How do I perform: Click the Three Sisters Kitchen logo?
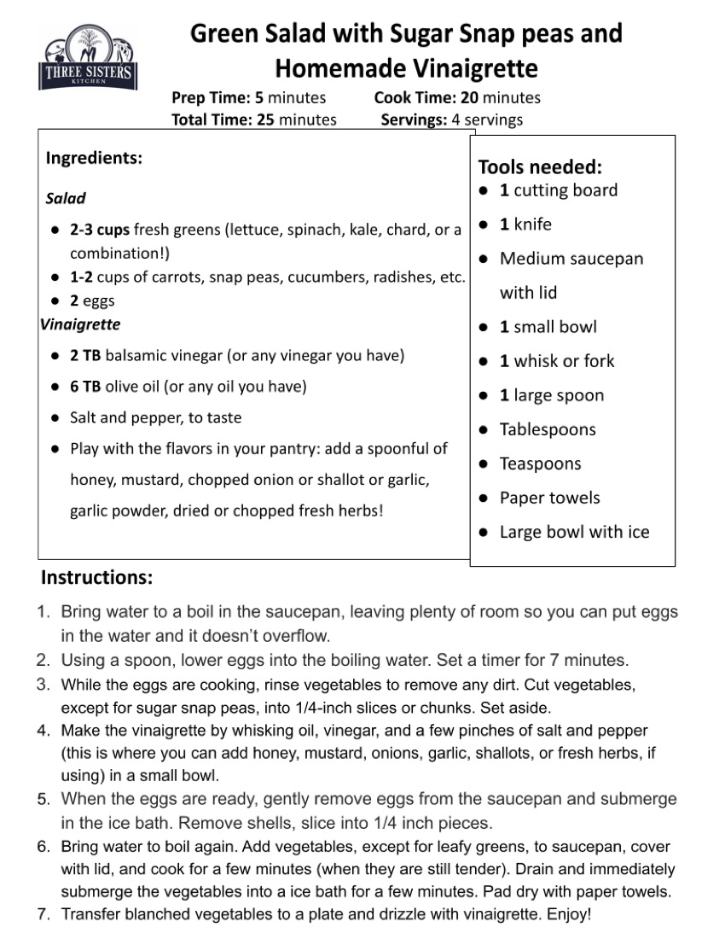[x=86, y=59]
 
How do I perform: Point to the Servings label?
[x=414, y=120]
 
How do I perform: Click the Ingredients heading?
[x=94, y=158]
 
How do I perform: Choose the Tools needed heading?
[x=540, y=166]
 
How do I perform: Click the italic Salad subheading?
[x=66, y=198]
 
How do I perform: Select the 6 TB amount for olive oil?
[x=85, y=387]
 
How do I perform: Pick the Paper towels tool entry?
[x=550, y=498]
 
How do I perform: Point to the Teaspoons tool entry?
[x=541, y=464]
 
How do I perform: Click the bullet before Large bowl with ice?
[x=483, y=533]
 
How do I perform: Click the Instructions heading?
[x=97, y=577]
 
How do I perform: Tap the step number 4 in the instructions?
[x=43, y=731]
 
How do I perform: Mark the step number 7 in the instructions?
[x=43, y=914]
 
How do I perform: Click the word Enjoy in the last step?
[x=565, y=914]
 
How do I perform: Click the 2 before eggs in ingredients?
[x=74, y=300]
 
